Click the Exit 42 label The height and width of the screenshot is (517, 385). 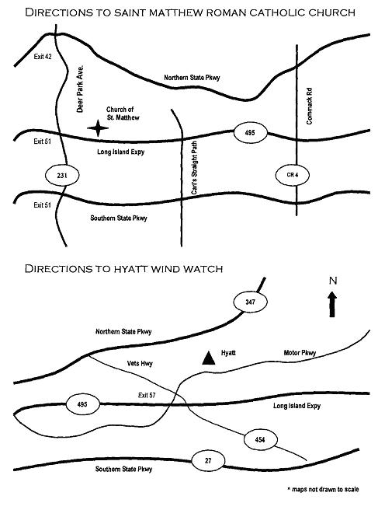click(x=43, y=57)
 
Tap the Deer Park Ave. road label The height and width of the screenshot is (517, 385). click(x=80, y=89)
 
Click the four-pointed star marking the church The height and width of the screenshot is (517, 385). click(x=98, y=128)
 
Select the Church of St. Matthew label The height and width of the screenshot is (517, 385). click(x=123, y=114)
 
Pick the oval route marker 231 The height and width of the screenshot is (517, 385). click(x=62, y=176)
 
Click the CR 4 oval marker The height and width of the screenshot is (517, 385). click(x=293, y=175)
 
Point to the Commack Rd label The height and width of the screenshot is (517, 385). click(x=309, y=107)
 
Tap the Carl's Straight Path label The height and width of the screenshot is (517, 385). click(x=195, y=168)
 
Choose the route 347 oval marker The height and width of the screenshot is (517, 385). click(x=250, y=302)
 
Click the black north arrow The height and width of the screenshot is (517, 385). click(x=332, y=304)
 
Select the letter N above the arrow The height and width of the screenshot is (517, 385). click(x=333, y=281)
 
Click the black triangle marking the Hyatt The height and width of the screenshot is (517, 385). click(x=209, y=358)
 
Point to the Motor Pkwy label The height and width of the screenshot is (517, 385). click(x=300, y=353)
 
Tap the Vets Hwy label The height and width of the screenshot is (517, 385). click(x=140, y=363)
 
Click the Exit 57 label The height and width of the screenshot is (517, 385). click(x=147, y=395)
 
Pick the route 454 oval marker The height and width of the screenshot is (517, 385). click(x=260, y=439)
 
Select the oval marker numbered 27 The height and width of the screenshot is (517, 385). click(x=208, y=460)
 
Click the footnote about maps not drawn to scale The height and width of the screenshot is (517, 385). click(x=323, y=489)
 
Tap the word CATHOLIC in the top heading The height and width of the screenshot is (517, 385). click(x=277, y=13)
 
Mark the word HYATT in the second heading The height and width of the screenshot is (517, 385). click(x=130, y=269)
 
